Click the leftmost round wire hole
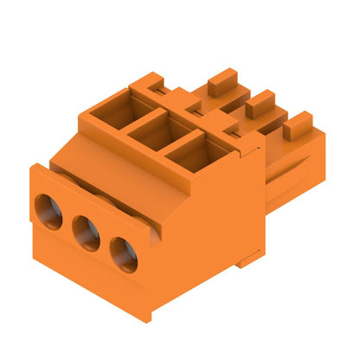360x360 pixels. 48,211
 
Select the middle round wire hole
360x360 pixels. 86,233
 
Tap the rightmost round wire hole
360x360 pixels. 123,254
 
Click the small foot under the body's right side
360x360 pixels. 250,257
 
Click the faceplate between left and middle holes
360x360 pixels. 67,227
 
